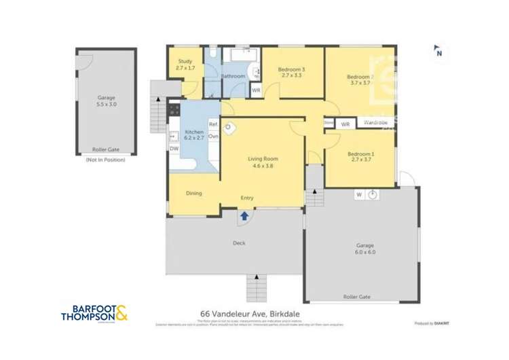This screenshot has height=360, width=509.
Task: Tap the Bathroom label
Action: point(233,76)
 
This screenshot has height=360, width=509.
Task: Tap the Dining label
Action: point(194,194)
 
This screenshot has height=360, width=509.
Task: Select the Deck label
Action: point(238,242)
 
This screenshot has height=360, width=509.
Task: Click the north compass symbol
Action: point(438,51)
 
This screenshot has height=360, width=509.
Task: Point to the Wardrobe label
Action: point(375,123)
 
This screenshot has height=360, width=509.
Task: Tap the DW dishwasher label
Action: point(174,149)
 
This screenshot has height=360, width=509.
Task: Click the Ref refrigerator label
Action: point(212,124)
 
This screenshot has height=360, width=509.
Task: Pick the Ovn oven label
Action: point(213,137)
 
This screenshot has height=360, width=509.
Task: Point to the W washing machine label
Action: point(358,195)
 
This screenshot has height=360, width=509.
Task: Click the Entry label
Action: point(247,198)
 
